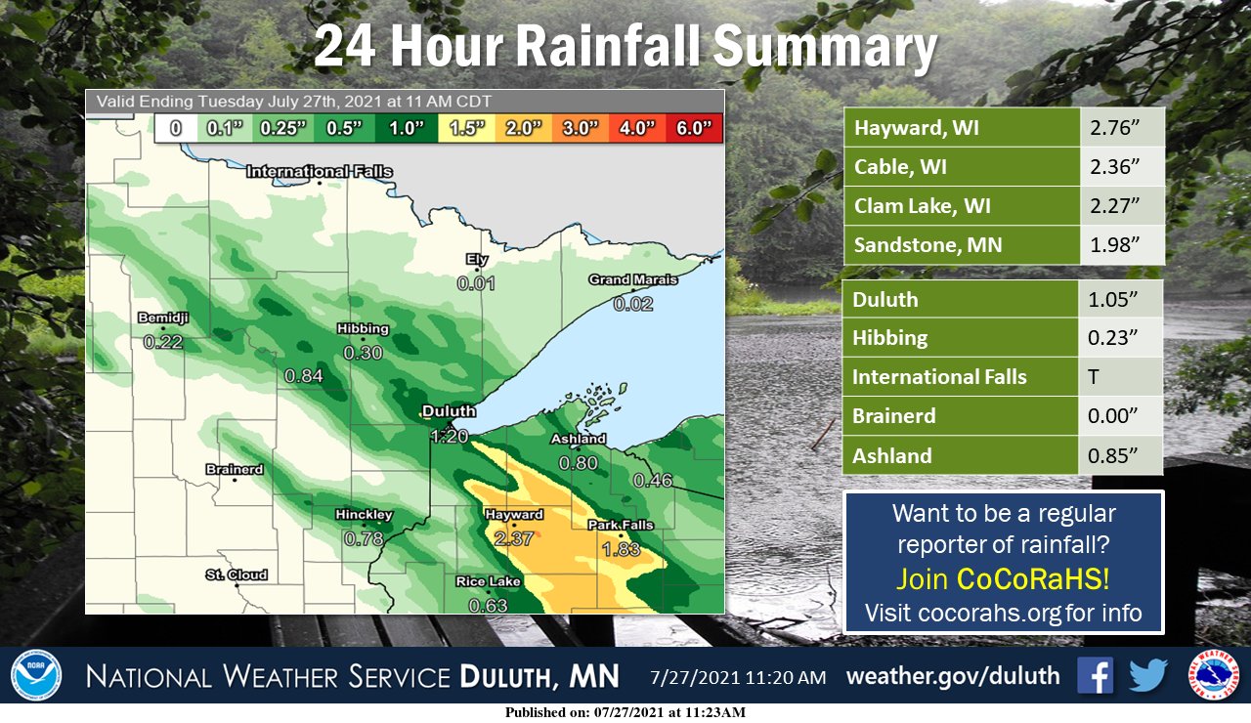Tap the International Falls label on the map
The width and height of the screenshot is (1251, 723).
coord(320,172)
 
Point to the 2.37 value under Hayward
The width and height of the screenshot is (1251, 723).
coord(514,538)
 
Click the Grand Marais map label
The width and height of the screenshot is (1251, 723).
coord(632,279)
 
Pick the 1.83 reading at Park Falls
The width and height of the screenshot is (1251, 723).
coord(621,549)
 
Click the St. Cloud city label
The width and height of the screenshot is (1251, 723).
coord(237,574)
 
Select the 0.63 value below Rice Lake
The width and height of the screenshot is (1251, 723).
coord(489,606)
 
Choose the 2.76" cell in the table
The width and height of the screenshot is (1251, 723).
coord(1122,128)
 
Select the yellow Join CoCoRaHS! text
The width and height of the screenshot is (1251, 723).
coord(1003,578)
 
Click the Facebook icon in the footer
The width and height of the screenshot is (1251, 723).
coord(1096,675)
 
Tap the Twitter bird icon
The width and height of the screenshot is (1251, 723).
coord(1148,675)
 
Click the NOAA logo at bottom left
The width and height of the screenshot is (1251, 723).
coord(36,676)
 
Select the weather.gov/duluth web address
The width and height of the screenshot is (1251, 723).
coord(952,676)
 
